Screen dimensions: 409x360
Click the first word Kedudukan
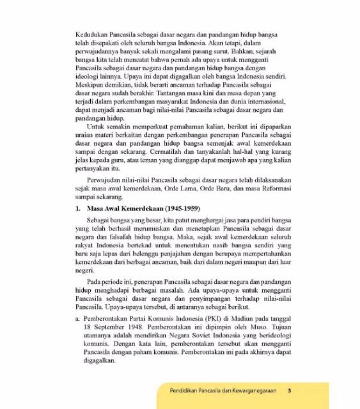[x=90, y=30]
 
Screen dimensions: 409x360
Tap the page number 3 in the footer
[x=289, y=391]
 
